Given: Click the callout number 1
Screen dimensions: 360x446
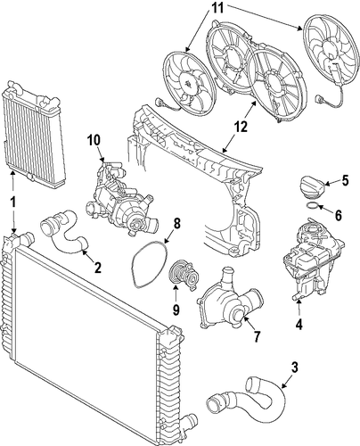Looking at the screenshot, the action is click(x=13, y=203).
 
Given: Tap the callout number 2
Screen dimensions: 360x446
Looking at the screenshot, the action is click(x=98, y=268).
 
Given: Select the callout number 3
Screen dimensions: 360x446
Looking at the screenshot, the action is click(x=294, y=368).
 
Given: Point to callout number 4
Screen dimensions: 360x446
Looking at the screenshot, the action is click(x=299, y=324).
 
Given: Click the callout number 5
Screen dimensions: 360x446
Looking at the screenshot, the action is click(x=345, y=180).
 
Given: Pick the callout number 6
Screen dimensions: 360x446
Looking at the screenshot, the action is click(x=339, y=215).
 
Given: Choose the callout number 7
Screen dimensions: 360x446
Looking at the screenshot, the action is click(x=257, y=336).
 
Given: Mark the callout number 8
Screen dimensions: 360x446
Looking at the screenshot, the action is click(x=176, y=224).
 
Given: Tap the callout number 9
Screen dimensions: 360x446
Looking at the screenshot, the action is click(x=176, y=310).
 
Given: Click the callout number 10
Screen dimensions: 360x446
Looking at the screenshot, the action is click(x=94, y=141).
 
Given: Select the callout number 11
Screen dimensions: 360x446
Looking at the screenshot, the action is click(x=217, y=8).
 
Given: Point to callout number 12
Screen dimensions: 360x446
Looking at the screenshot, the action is click(x=241, y=128).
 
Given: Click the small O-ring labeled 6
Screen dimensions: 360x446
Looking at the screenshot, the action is click(x=312, y=204).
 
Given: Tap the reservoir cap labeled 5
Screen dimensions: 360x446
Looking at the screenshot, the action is click(x=313, y=186).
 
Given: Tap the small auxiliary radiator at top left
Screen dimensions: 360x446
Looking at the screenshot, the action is click(x=34, y=136).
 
